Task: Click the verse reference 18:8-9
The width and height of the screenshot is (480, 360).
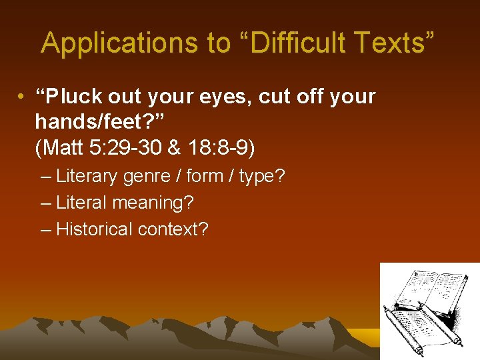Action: click(217, 148)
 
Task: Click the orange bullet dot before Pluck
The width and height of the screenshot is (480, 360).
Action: click(22, 97)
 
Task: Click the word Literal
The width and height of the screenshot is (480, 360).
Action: click(81, 203)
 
